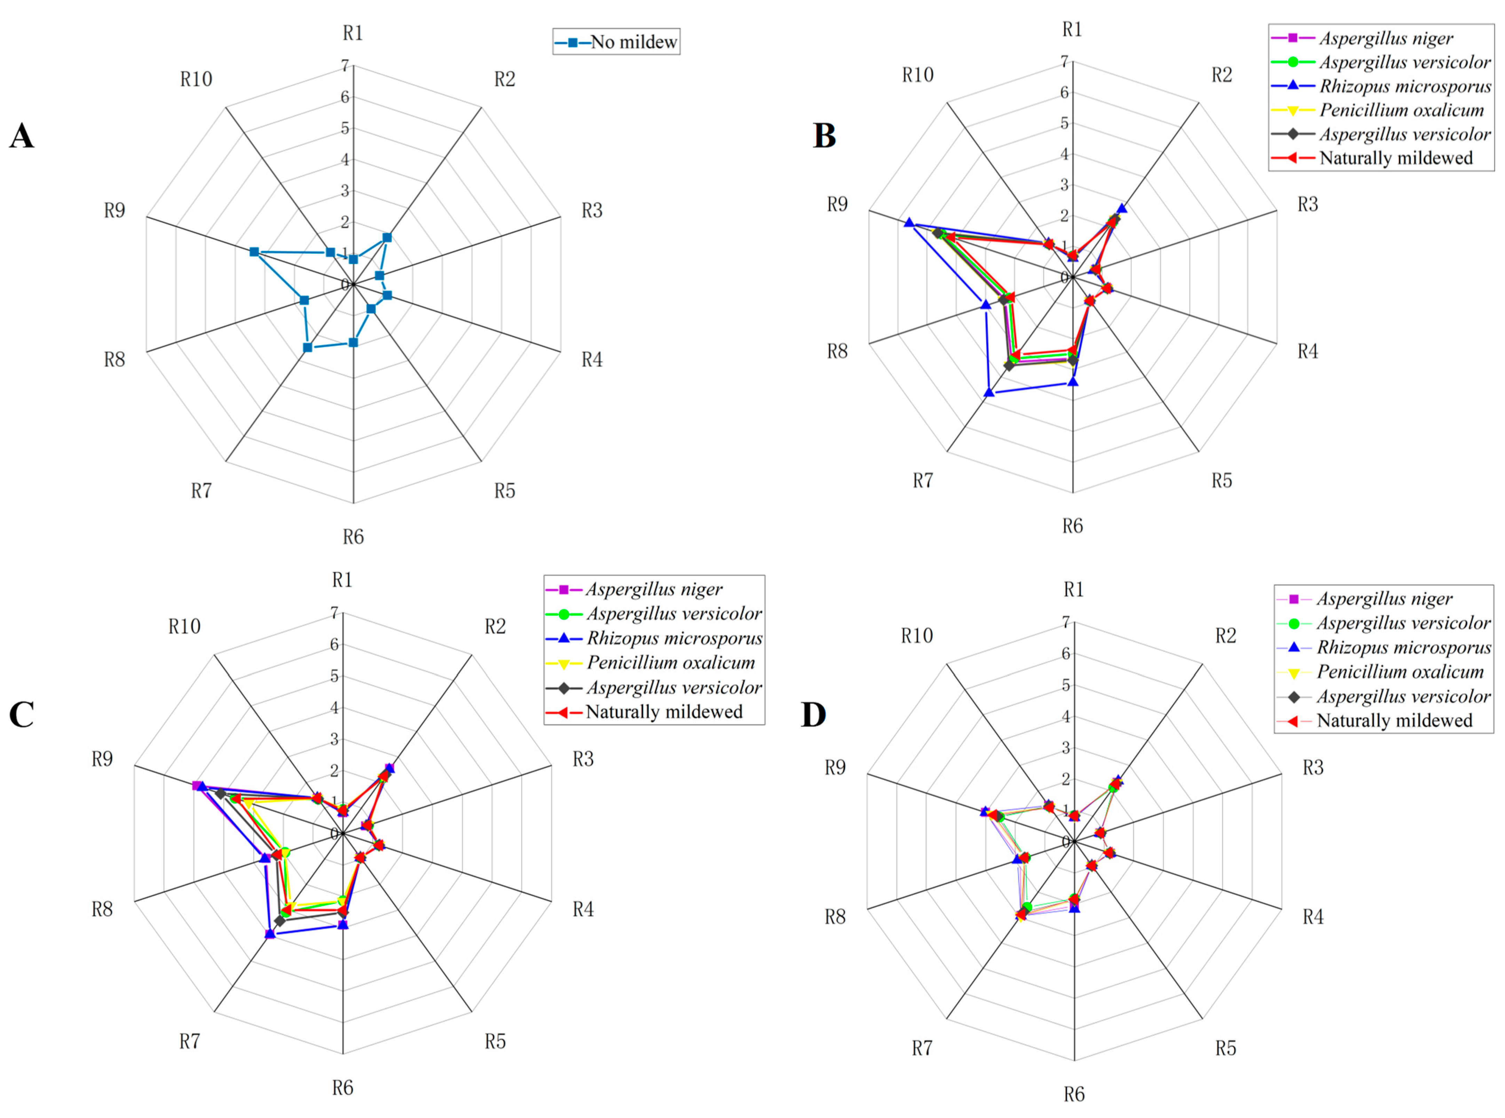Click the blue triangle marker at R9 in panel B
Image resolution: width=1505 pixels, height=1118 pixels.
pos(909,223)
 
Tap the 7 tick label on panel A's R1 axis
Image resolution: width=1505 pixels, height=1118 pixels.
pos(345,66)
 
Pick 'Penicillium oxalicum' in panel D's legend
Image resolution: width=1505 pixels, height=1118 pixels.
pos(1400,672)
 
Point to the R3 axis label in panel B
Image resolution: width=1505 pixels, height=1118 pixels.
pos(1307,204)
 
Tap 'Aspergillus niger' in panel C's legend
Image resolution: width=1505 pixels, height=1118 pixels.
pos(654,589)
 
